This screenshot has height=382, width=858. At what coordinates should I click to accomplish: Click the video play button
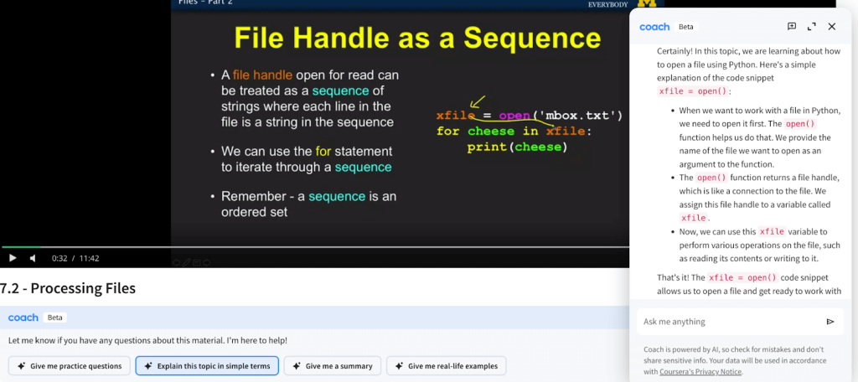click(x=13, y=258)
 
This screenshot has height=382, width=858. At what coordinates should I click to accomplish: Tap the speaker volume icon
click(x=33, y=258)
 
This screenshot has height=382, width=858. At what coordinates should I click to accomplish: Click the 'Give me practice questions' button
click(x=69, y=365)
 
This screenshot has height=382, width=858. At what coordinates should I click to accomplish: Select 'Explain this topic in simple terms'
click(x=207, y=365)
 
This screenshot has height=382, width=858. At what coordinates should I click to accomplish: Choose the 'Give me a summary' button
click(x=332, y=365)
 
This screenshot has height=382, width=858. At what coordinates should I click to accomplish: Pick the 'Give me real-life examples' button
click(x=446, y=365)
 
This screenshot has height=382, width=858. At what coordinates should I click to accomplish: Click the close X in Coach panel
click(x=832, y=26)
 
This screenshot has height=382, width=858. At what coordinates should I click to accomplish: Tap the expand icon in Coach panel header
click(x=811, y=26)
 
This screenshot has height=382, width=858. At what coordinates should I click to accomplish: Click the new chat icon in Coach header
click(x=792, y=26)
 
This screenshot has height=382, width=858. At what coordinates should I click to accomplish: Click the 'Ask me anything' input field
click(x=731, y=321)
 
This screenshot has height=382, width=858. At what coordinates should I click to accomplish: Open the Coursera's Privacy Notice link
click(x=700, y=372)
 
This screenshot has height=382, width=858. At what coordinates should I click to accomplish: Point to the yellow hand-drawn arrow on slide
click(x=477, y=101)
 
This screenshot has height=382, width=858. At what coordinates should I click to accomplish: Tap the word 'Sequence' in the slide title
click(x=532, y=39)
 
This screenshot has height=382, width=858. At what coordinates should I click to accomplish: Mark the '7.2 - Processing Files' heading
click(x=68, y=288)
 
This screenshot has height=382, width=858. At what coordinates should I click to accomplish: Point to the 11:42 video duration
click(x=89, y=258)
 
